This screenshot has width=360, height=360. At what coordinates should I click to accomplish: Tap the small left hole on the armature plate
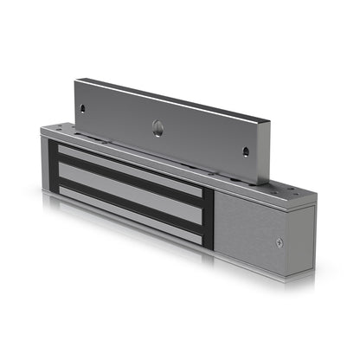point(83,109)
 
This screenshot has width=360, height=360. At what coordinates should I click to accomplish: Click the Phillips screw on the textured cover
point(279,241)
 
